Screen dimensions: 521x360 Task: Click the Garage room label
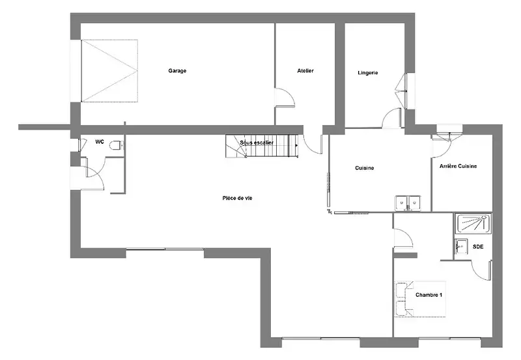pos(177,71)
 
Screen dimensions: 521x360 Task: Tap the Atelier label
pos(305,70)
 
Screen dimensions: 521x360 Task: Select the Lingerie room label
pos(368,73)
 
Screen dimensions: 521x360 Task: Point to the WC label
pos(100,142)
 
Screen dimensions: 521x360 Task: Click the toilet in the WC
pos(117,145)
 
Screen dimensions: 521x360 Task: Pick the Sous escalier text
pos(257,143)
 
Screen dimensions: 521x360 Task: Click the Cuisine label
pos(365,168)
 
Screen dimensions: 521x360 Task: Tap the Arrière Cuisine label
pos(458,166)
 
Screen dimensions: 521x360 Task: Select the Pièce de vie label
pos(237,199)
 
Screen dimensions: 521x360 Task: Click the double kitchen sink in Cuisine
pos(408,203)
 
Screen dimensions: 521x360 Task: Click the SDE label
pos(478,247)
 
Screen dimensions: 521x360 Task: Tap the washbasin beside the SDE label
pos(460,247)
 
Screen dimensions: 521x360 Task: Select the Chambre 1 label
pos(429,295)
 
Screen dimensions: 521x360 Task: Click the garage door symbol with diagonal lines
pos(109,71)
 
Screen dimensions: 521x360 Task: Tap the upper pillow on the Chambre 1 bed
pos(401,290)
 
